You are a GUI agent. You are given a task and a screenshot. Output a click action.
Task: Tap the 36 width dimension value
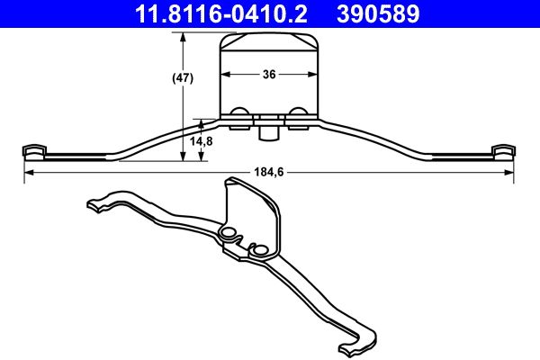tap(269, 76)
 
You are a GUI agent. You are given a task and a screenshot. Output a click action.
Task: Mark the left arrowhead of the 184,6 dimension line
tap(27, 172)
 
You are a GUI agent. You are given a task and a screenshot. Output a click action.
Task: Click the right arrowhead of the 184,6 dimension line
tap(511, 172)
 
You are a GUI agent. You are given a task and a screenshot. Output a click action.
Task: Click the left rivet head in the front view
tap(240, 113)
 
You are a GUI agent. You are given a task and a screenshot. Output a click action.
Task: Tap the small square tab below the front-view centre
tap(268, 132)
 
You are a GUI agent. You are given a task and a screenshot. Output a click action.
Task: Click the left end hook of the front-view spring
tap(33, 148)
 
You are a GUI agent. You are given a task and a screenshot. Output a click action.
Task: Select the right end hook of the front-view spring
tap(504, 148)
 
